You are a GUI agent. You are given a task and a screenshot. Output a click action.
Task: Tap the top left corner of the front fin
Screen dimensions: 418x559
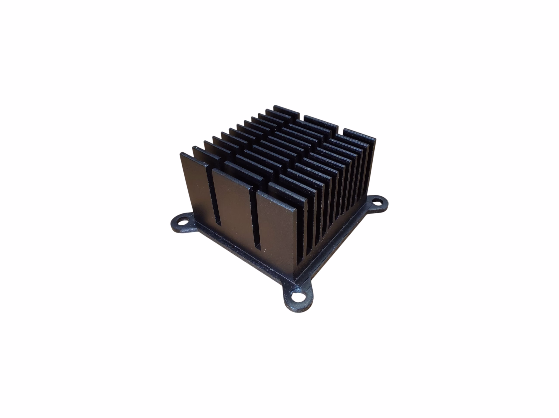coord(181,153)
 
